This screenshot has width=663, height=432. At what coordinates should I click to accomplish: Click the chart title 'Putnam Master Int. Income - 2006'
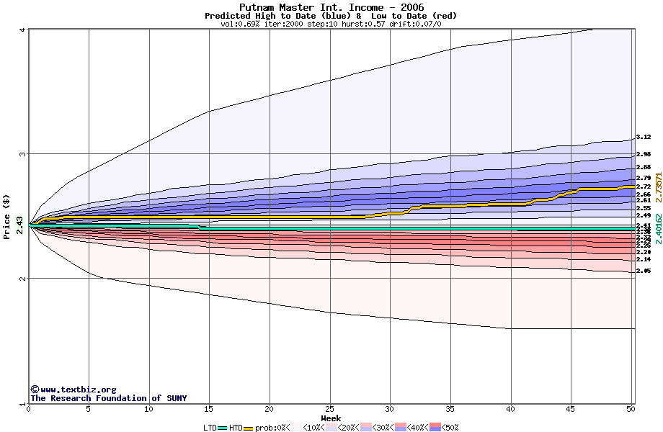[x=331, y=7]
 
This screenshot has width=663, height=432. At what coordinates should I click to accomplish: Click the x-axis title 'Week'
[x=331, y=418]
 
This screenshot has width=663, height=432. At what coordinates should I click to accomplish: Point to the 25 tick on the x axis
[x=329, y=410]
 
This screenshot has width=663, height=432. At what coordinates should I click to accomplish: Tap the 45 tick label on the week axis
[x=571, y=410]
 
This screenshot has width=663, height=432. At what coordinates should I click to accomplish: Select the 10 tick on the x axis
[x=148, y=410]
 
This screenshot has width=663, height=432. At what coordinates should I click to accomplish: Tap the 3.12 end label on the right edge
[x=644, y=137]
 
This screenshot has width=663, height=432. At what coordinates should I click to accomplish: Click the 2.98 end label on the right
[x=644, y=154]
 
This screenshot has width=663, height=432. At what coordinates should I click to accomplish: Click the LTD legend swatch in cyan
[x=223, y=428]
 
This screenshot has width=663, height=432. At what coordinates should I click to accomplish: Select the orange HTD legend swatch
[x=249, y=428]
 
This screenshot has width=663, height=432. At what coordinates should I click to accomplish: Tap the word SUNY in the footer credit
[x=176, y=398]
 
